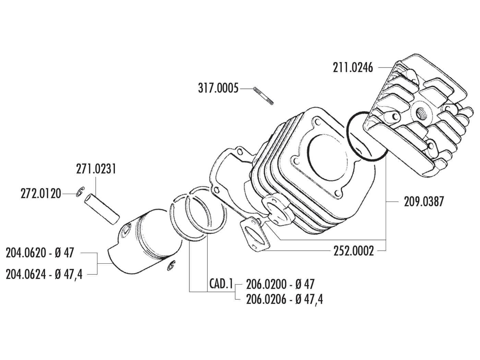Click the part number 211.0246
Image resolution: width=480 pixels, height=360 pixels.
coord(353,68)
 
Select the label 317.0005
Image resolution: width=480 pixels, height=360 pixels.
coord(218,88)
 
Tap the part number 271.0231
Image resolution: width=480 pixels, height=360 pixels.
coord(96,169)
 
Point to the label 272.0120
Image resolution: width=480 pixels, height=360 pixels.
coord(40,194)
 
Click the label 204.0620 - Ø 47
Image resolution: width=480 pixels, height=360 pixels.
coord(40,253)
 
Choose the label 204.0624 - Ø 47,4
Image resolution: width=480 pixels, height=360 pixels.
coord(44,274)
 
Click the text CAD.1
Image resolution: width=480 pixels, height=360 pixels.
coord(221,284)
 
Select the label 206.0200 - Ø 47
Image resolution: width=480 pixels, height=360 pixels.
coord(280,284)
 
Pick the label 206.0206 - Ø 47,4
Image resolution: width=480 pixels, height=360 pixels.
coord(284,300)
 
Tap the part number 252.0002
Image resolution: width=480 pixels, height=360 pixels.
coord(353,251)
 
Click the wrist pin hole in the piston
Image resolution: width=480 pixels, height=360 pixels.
coord(126,232)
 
